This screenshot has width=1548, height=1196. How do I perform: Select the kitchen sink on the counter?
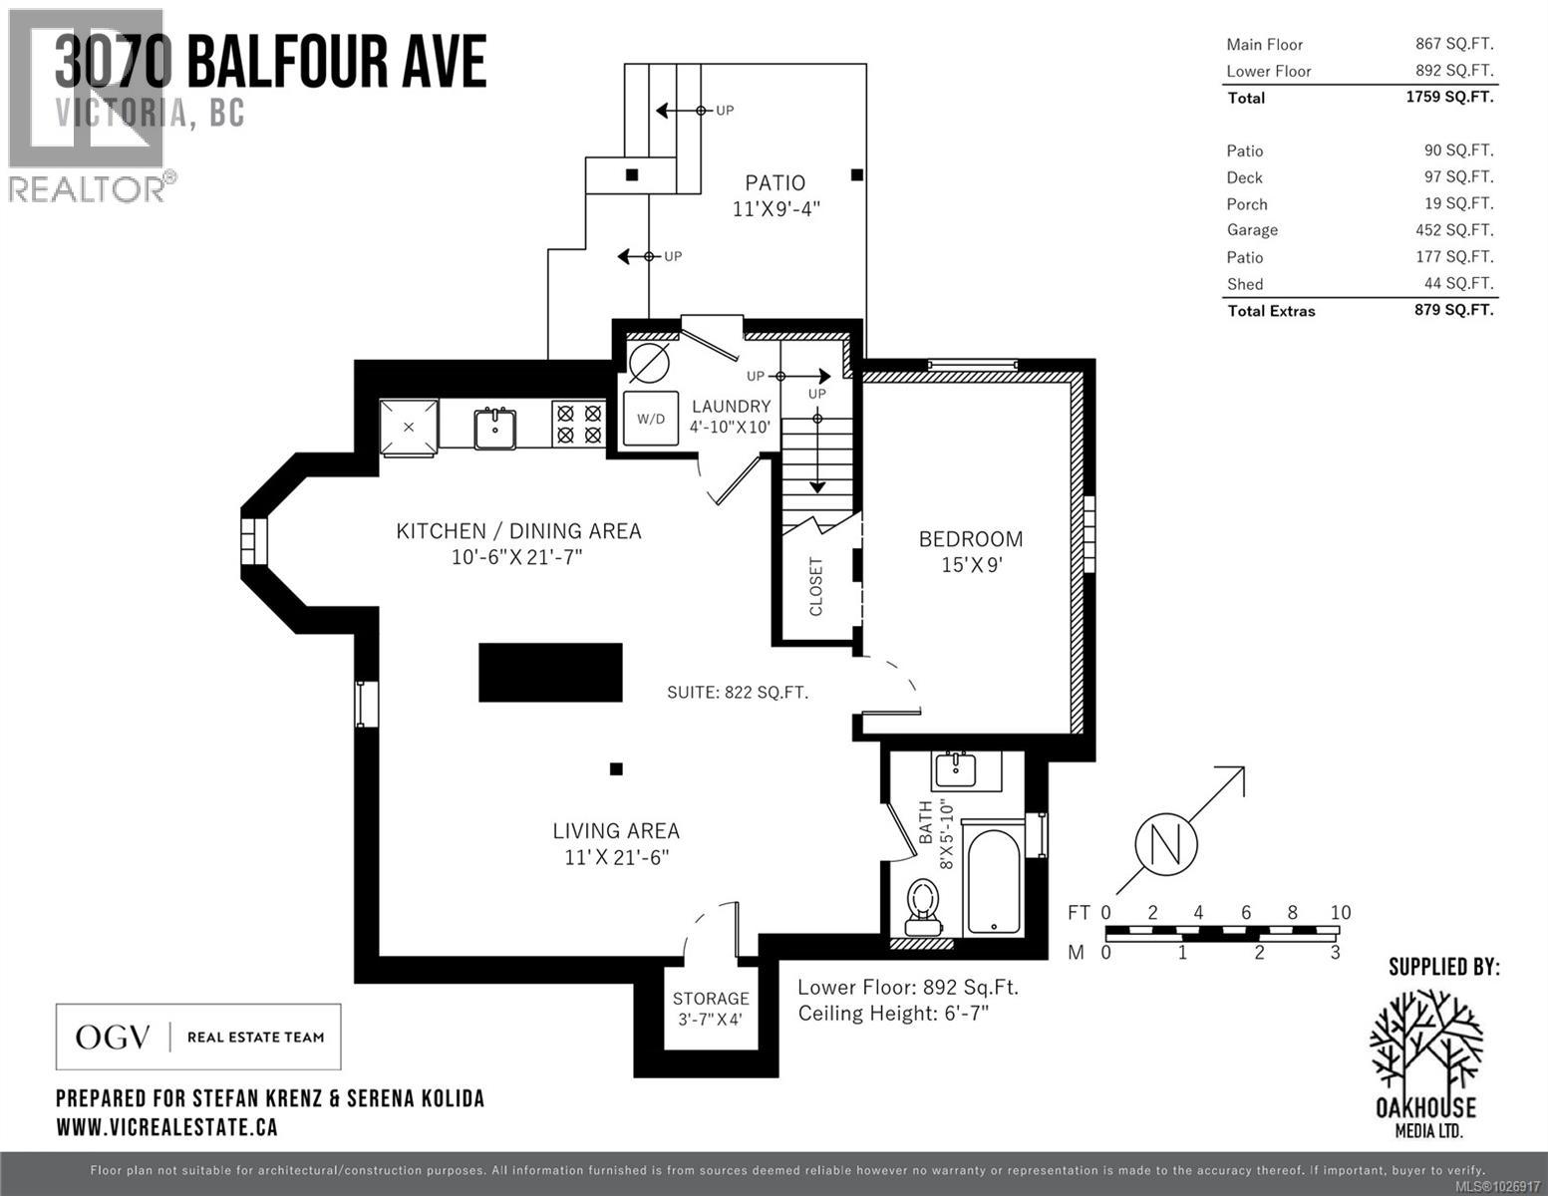click(x=494, y=427)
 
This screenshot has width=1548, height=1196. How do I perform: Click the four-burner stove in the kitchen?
click(x=578, y=423)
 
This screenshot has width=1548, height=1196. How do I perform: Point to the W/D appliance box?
click(x=651, y=419)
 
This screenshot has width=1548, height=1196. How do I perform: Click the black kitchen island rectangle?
click(x=550, y=673)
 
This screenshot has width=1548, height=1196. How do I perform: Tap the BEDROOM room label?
click(x=970, y=539)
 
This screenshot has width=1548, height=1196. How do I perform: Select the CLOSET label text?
click(x=816, y=586)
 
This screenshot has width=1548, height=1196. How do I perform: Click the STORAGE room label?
click(x=710, y=999)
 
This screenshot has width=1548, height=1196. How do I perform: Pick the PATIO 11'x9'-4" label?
click(x=775, y=195)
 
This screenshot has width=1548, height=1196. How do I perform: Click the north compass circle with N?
click(x=1164, y=845)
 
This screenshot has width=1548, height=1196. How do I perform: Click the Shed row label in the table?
click(x=1245, y=284)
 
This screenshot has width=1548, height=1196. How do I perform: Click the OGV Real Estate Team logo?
click(x=198, y=1037)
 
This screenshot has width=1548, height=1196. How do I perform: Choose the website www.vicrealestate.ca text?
click(x=166, y=1127)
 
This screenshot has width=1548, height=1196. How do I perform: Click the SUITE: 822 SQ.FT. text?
click(x=737, y=692)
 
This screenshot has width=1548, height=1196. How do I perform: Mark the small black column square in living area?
click(x=616, y=768)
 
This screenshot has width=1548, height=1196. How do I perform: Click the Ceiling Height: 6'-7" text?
click(x=893, y=1014)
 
